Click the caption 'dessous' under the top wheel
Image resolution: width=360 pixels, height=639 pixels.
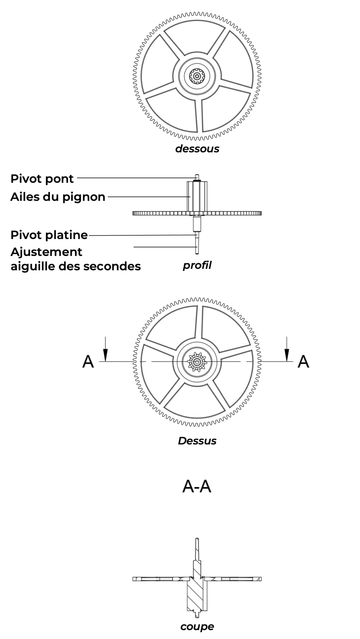click(x=197, y=148)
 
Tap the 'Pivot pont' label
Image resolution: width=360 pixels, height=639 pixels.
click(x=42, y=179)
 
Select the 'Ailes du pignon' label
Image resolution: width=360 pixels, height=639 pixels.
click(x=58, y=197)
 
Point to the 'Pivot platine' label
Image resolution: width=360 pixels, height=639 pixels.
click(x=49, y=235)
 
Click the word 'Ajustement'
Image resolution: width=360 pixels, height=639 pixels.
click(x=46, y=252)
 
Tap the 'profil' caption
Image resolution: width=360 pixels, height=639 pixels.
click(x=197, y=266)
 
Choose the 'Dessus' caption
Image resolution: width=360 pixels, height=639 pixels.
click(x=197, y=441)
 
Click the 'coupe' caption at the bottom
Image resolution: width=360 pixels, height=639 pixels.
click(x=197, y=627)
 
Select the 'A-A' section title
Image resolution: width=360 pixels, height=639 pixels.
click(x=197, y=487)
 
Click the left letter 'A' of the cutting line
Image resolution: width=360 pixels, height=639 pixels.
click(x=88, y=361)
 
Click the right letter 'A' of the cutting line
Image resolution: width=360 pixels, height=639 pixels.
click(x=303, y=361)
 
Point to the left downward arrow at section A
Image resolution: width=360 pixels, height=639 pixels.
click(x=105, y=349)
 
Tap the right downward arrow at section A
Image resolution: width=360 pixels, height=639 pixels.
click(x=287, y=349)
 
